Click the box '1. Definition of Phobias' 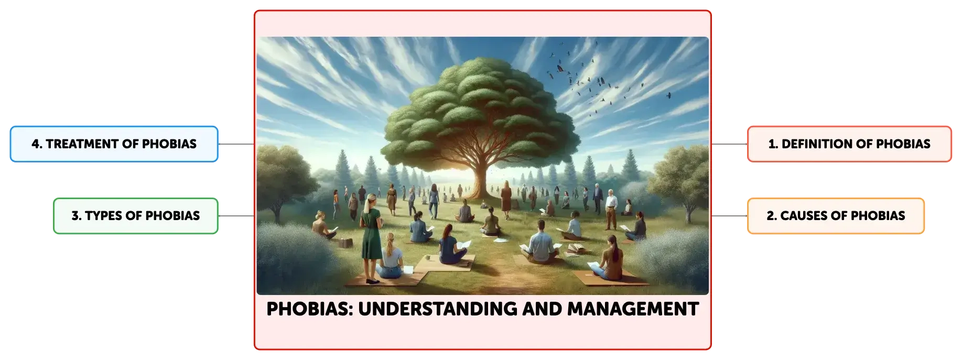tap(849, 144)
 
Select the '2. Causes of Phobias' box tap(836, 215)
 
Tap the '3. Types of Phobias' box tap(136, 215)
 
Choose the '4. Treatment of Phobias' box tap(114, 144)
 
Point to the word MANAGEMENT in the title tap(633, 309)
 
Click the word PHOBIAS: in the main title tap(310, 309)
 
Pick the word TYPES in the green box tap(103, 215)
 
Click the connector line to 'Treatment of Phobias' tap(236, 144)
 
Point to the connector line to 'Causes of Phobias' tap(729, 216)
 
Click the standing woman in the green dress tap(371, 238)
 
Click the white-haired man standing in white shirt tap(610, 210)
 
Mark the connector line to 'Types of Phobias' tap(236, 216)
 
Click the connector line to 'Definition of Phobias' tap(729, 144)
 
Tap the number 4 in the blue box tap(35, 144)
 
